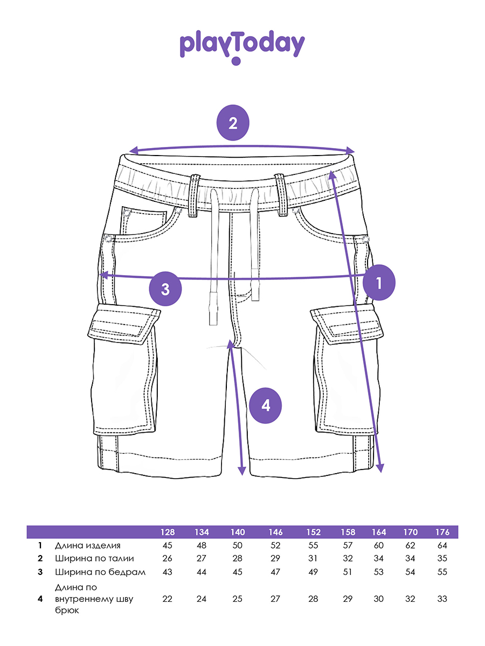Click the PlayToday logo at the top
(x=242, y=46)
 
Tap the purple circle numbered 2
(x=233, y=123)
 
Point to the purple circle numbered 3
(x=165, y=289)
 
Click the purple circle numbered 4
(x=266, y=405)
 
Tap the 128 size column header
(x=167, y=532)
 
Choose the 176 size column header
(x=442, y=532)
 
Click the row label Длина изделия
(x=92, y=545)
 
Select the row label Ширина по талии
(x=94, y=558)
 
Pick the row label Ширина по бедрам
(x=100, y=572)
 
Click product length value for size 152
(x=314, y=545)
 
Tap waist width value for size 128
(x=167, y=558)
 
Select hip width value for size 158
(x=348, y=572)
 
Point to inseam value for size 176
(x=442, y=599)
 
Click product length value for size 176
(x=442, y=545)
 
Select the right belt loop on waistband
(x=281, y=194)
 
